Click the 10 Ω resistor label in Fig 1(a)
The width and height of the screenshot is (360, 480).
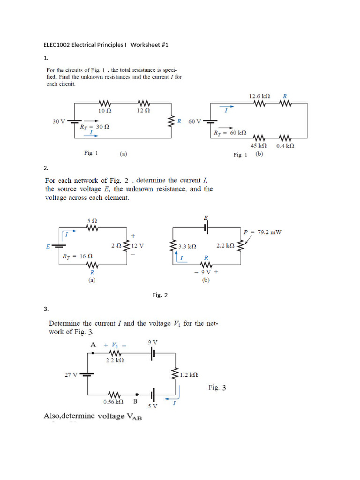pos(105,111)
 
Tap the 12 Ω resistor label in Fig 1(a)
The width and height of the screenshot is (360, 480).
pos(143,111)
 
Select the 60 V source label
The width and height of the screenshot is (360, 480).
pos(195,121)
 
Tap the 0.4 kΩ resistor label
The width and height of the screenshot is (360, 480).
pos(285,146)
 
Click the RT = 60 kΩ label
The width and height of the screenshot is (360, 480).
pos(231,133)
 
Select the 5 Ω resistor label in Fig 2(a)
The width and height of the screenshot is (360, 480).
pos(92,220)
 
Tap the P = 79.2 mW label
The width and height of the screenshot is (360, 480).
pos(263,232)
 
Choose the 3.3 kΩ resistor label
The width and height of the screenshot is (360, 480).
pos(187,246)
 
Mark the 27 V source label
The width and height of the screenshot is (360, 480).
pos(71,374)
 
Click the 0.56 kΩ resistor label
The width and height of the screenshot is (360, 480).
pos(113,402)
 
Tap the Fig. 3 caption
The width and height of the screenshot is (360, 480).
pos(217,388)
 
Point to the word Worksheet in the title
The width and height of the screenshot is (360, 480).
pos(145,45)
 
